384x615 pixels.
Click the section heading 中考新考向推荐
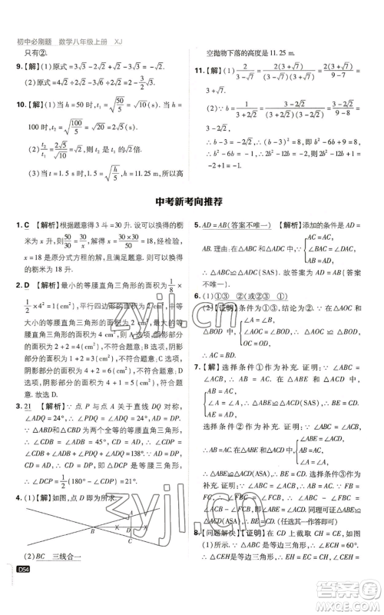point(192,203)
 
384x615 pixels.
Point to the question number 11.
point(202,71)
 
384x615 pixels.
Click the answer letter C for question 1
point(26,225)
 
